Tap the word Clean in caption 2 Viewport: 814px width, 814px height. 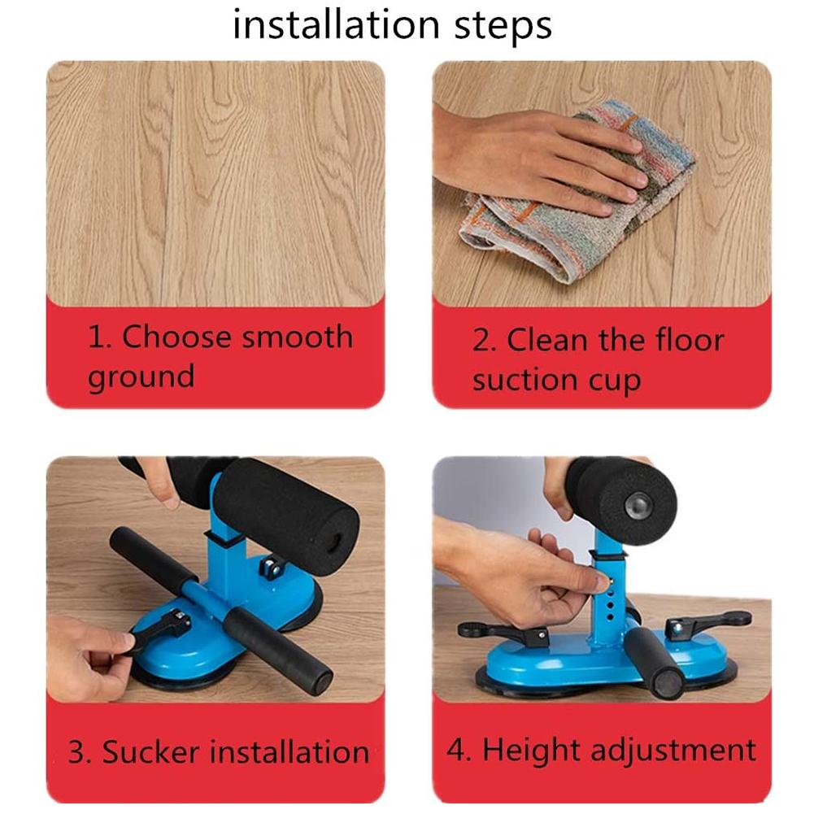click(x=546, y=341)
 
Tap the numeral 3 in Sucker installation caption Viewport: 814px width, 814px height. click(x=76, y=751)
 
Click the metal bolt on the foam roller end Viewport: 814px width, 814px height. click(x=637, y=505)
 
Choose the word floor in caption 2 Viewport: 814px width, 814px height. click(x=685, y=341)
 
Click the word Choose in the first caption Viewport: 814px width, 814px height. click(x=173, y=336)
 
